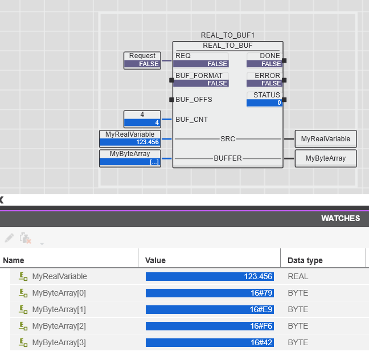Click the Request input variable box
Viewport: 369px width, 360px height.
click(142, 60)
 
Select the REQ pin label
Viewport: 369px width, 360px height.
click(183, 56)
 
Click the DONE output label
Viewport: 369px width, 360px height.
click(270, 56)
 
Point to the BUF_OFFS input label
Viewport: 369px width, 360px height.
click(194, 100)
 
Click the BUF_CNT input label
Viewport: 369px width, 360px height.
click(191, 120)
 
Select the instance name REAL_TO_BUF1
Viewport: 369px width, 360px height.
click(228, 35)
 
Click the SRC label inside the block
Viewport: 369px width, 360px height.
click(228, 139)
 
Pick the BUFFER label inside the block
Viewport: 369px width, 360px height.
click(228, 158)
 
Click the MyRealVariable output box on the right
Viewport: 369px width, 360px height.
click(326, 139)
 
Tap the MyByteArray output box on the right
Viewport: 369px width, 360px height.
click(326, 158)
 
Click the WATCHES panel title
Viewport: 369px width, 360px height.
click(341, 218)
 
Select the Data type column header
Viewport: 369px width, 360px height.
click(305, 260)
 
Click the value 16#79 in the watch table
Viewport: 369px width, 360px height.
click(261, 293)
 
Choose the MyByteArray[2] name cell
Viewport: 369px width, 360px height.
click(59, 326)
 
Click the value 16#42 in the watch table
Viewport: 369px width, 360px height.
click(261, 342)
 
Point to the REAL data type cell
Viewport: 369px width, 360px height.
click(298, 276)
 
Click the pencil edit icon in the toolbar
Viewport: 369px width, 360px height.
click(9, 238)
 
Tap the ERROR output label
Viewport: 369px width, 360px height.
click(267, 76)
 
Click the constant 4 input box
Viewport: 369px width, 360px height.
click(142, 119)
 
